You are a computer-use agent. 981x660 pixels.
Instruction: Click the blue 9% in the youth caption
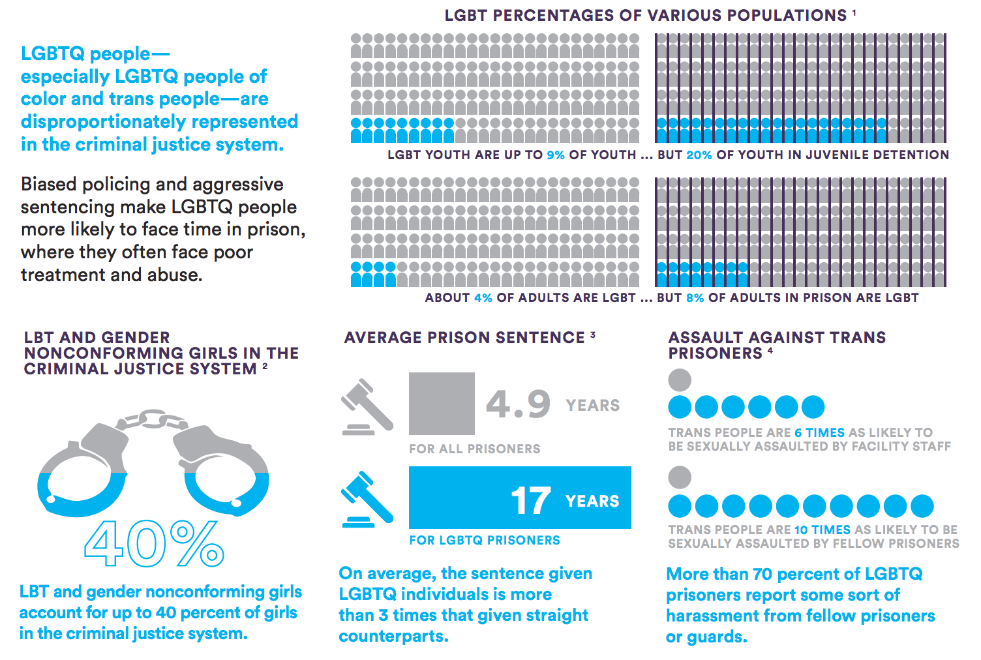[x=556, y=155]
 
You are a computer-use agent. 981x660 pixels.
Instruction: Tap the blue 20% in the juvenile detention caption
[x=699, y=155]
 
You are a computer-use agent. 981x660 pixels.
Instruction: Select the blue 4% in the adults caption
[x=483, y=298]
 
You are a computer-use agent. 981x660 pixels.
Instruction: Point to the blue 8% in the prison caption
[x=695, y=298]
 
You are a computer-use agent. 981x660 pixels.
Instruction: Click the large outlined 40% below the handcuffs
[x=154, y=543]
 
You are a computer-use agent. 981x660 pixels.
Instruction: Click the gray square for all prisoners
[x=442, y=404]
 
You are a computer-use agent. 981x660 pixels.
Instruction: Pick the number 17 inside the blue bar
[x=530, y=501]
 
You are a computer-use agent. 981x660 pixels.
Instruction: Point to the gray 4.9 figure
[x=519, y=404]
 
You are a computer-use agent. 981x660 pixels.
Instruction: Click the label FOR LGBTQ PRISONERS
[x=485, y=541]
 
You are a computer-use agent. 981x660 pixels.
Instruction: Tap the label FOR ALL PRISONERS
[x=475, y=449]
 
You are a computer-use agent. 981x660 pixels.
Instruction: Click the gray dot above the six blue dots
[x=680, y=380]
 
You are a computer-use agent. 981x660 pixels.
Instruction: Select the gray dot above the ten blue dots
[x=680, y=477]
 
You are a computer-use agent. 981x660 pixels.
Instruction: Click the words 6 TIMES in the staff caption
[x=819, y=433]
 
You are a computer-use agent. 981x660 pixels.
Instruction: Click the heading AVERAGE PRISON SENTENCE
[x=464, y=338]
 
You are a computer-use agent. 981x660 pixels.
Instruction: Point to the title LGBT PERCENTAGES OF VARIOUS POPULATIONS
[x=646, y=16]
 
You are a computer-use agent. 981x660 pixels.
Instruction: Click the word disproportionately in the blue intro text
[x=102, y=122]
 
